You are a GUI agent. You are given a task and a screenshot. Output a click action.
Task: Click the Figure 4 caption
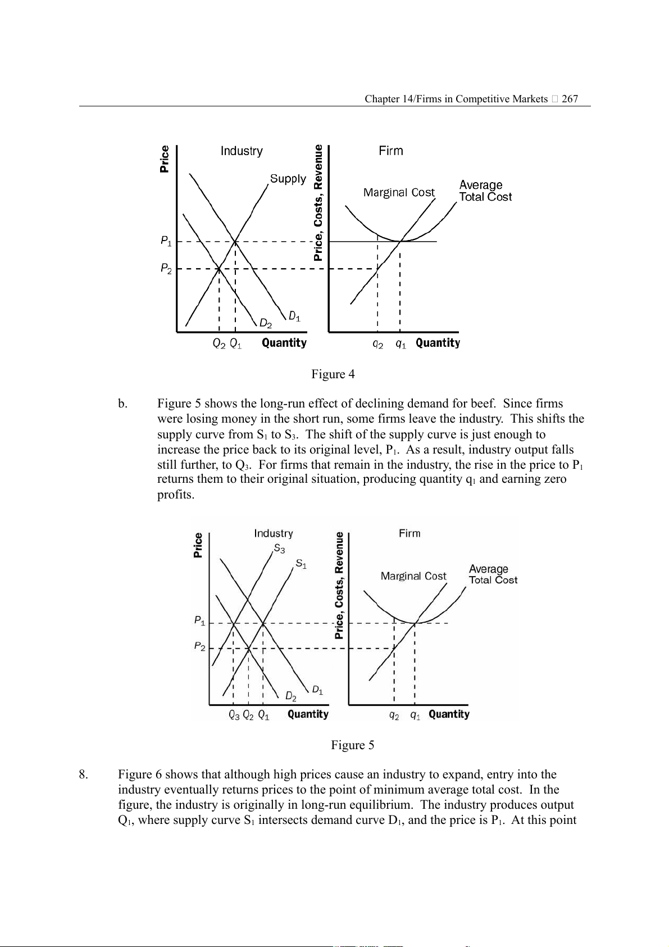point(333,374)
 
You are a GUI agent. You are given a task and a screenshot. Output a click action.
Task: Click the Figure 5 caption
point(352,745)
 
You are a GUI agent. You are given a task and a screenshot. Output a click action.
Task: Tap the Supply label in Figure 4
point(288,179)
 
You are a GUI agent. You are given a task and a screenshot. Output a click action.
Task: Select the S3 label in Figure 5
point(279,548)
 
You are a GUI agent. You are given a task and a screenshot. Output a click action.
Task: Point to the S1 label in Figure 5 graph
point(301,563)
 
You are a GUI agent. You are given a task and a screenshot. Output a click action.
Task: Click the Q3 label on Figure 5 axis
point(234,715)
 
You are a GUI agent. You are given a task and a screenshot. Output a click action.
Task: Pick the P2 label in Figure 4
point(166,269)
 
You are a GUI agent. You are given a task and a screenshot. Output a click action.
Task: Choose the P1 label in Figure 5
point(199,621)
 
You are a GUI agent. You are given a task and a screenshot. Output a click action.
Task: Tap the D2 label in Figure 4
point(266,324)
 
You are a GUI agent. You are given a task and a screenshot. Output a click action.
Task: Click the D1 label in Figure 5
point(317,690)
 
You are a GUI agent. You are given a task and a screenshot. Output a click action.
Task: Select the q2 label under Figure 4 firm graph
point(378,344)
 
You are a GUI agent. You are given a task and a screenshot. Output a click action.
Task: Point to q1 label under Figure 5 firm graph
point(415,715)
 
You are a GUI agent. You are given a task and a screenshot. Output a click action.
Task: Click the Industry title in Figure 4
point(242,151)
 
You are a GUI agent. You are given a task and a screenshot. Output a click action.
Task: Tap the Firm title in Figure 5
point(409,533)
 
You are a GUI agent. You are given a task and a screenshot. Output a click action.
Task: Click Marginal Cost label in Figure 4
point(399,193)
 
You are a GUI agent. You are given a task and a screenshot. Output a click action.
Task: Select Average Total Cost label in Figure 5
point(493,574)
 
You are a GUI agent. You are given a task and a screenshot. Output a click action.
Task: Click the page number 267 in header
point(570,99)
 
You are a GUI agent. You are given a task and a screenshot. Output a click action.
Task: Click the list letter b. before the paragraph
point(122,404)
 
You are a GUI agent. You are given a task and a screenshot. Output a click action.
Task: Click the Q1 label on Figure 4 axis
point(236,343)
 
